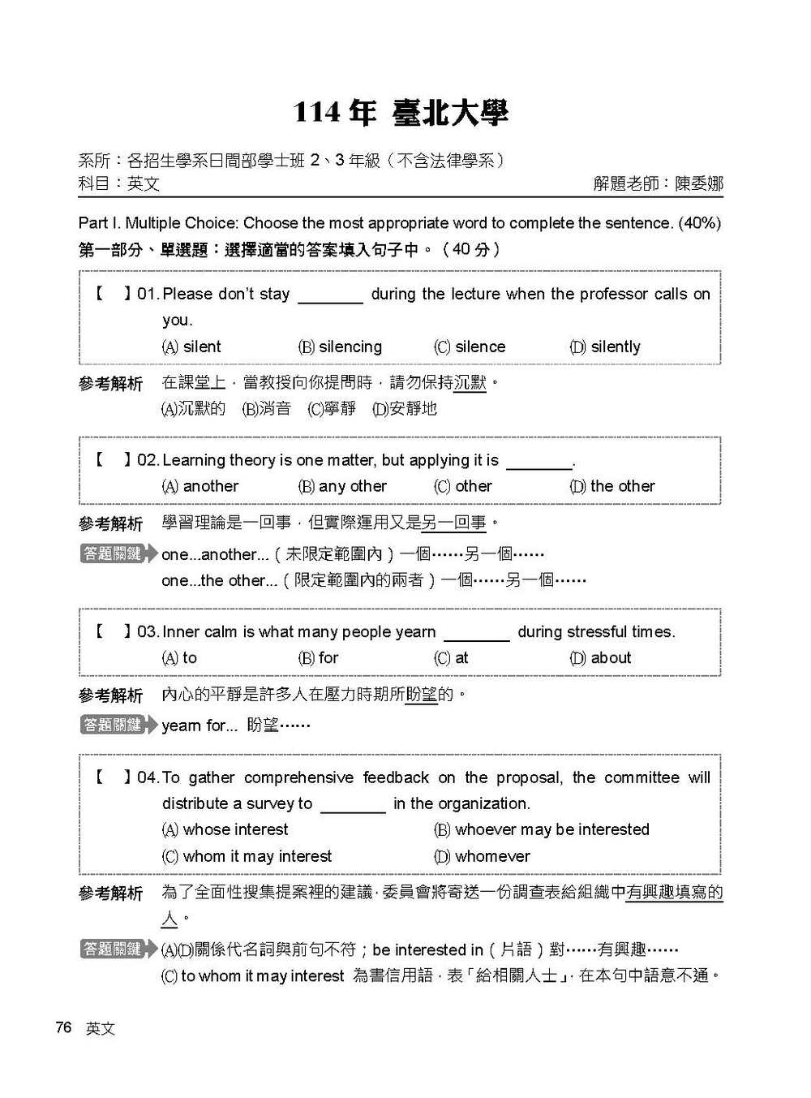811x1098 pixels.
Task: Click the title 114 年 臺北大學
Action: (401, 112)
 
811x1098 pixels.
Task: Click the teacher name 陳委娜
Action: (698, 183)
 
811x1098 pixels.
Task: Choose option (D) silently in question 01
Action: (605, 347)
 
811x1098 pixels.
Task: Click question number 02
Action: (148, 460)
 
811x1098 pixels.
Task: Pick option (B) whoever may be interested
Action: (542, 829)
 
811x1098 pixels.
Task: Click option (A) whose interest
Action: (225, 829)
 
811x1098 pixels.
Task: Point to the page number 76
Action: (63, 1027)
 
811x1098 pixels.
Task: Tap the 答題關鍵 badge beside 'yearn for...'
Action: (114, 725)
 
